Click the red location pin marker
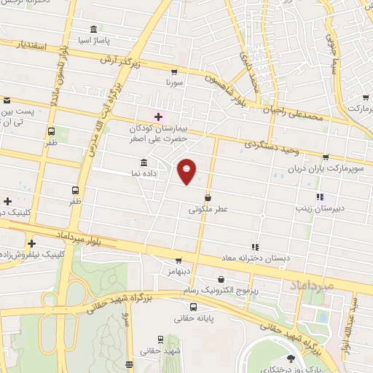click(x=186, y=171)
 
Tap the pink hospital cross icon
click(x=158, y=117)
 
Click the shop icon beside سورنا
click(x=173, y=72)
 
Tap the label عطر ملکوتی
click(x=208, y=208)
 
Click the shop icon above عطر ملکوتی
click(x=208, y=197)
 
